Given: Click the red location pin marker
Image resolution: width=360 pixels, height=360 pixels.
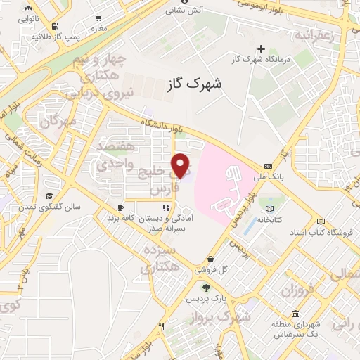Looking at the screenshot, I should pos(181,165).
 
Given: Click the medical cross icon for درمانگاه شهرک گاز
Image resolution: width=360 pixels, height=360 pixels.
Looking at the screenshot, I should pos(262,49).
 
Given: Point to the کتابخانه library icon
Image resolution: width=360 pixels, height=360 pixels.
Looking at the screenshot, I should pos(269,207).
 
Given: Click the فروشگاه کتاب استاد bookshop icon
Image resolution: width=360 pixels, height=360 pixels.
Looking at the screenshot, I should pos(321,221).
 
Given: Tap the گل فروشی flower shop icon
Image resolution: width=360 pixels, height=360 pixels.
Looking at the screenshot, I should pos(250,259).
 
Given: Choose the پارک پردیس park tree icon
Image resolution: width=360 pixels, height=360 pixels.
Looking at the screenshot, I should pos(206,287).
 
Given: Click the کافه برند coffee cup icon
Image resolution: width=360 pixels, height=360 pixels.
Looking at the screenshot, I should pos(120,208).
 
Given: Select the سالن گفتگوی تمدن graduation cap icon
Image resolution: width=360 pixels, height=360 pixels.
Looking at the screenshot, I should pos(49,196).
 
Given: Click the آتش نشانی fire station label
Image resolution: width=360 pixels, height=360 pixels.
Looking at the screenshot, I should pos(183,11).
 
